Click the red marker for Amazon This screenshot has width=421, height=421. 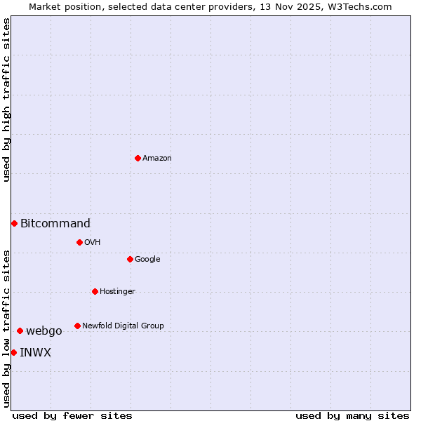pos(138,158)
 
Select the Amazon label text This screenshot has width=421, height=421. pos(157,159)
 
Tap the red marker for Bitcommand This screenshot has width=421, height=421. pos(14,223)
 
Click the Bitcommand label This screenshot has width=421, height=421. pos(55,224)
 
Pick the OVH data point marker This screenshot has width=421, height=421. pos(79,242)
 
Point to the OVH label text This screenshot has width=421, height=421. pos(93,243)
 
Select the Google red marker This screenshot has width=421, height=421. pos(130,259)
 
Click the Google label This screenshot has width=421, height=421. pos(147,260)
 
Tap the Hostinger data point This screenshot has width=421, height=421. pos(95,291)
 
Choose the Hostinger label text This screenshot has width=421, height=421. pos(117,292)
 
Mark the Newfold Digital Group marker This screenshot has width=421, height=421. pos(77,326)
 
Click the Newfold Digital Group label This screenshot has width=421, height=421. pos(123,326)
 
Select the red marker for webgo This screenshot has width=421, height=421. pos(20,330)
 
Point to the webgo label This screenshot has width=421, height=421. pos(44,331)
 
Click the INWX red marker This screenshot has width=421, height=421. pos(13,352)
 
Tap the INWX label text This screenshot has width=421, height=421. pos(36,353)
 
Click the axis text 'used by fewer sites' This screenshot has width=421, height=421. pos(72,415)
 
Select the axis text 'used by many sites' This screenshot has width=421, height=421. pos(352,415)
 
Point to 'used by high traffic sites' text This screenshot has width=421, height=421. pos(6,100)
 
